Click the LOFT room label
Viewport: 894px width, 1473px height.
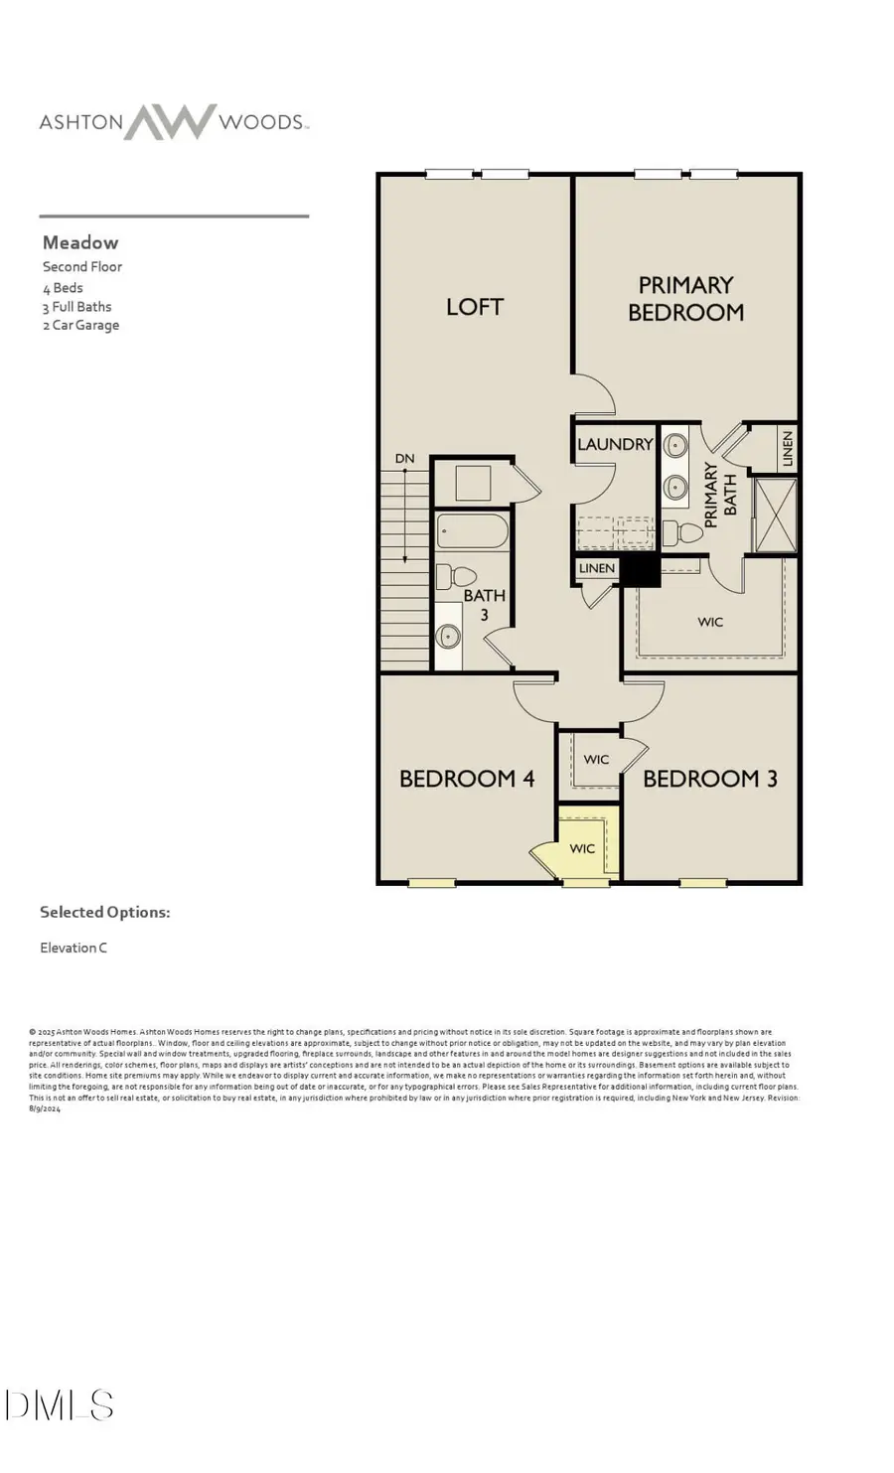[x=475, y=307]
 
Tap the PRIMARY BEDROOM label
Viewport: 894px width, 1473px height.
[x=685, y=299]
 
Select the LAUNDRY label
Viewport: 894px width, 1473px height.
[x=615, y=444]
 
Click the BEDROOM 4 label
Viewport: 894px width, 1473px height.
[x=467, y=779]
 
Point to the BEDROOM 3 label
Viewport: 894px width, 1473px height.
[x=709, y=779]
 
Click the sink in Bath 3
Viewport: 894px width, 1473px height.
[x=449, y=636]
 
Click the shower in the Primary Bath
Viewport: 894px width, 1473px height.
[x=775, y=514]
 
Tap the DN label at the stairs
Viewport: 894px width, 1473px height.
[x=404, y=459]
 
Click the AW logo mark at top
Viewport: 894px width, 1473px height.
[x=170, y=122]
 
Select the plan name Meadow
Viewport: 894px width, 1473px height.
[x=80, y=242]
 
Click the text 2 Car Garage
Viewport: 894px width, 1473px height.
[x=80, y=325]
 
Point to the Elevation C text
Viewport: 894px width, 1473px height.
[x=74, y=948]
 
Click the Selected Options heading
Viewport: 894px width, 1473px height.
[x=104, y=912]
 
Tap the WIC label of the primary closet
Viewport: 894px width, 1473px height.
[x=710, y=622]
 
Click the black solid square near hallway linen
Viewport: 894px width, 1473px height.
[x=640, y=570]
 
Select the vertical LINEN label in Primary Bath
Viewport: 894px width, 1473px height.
[x=788, y=449]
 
